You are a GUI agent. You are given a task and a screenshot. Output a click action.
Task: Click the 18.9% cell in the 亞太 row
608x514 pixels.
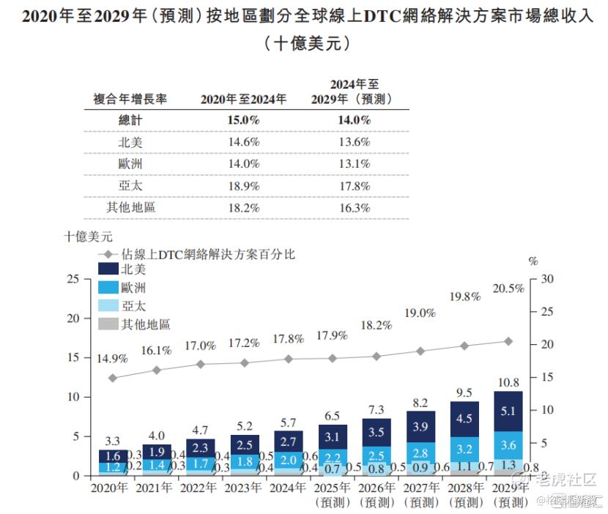pos(245,186)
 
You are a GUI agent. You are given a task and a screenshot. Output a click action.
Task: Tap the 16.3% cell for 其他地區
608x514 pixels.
pos(354,208)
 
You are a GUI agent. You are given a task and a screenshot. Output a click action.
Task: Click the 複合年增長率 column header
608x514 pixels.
pos(130,99)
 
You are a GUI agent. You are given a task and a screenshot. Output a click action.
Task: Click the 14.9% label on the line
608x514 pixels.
pos(112,360)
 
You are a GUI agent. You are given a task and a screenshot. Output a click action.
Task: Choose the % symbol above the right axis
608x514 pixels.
pos(533,260)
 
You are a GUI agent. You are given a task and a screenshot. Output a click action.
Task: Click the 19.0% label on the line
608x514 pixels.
pos(420,313)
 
